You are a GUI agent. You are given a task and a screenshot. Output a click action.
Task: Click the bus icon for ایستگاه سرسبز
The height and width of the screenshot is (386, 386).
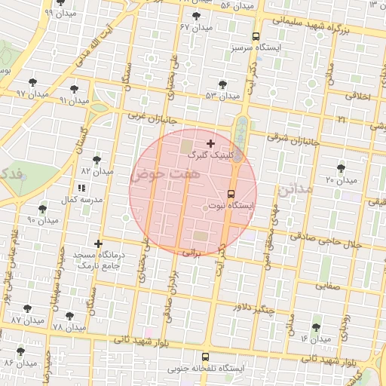pyautogui.click(x=256, y=36)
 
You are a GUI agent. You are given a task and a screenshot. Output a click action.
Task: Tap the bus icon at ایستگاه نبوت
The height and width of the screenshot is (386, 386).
pyautogui.click(x=231, y=191)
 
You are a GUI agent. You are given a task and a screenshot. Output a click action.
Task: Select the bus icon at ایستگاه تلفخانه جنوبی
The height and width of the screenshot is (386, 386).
pyautogui.click(x=205, y=357)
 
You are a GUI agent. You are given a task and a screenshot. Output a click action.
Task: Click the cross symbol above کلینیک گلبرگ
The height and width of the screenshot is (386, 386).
pyautogui.click(x=210, y=142)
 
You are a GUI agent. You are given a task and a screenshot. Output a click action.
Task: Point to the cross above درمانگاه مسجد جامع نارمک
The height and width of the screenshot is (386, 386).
pyautogui.click(x=98, y=244)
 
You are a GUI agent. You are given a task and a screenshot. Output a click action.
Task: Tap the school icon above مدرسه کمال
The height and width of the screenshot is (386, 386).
pyautogui.click(x=81, y=187)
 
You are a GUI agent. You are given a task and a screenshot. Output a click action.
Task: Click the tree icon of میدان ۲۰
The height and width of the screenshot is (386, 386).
pyautogui.click(x=341, y=168)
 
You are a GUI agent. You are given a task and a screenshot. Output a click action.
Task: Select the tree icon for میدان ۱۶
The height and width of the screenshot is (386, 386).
pyautogui.click(x=315, y=327)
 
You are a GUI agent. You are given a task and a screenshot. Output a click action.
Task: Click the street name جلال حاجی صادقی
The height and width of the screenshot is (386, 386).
pyautogui.click(x=354, y=244)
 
